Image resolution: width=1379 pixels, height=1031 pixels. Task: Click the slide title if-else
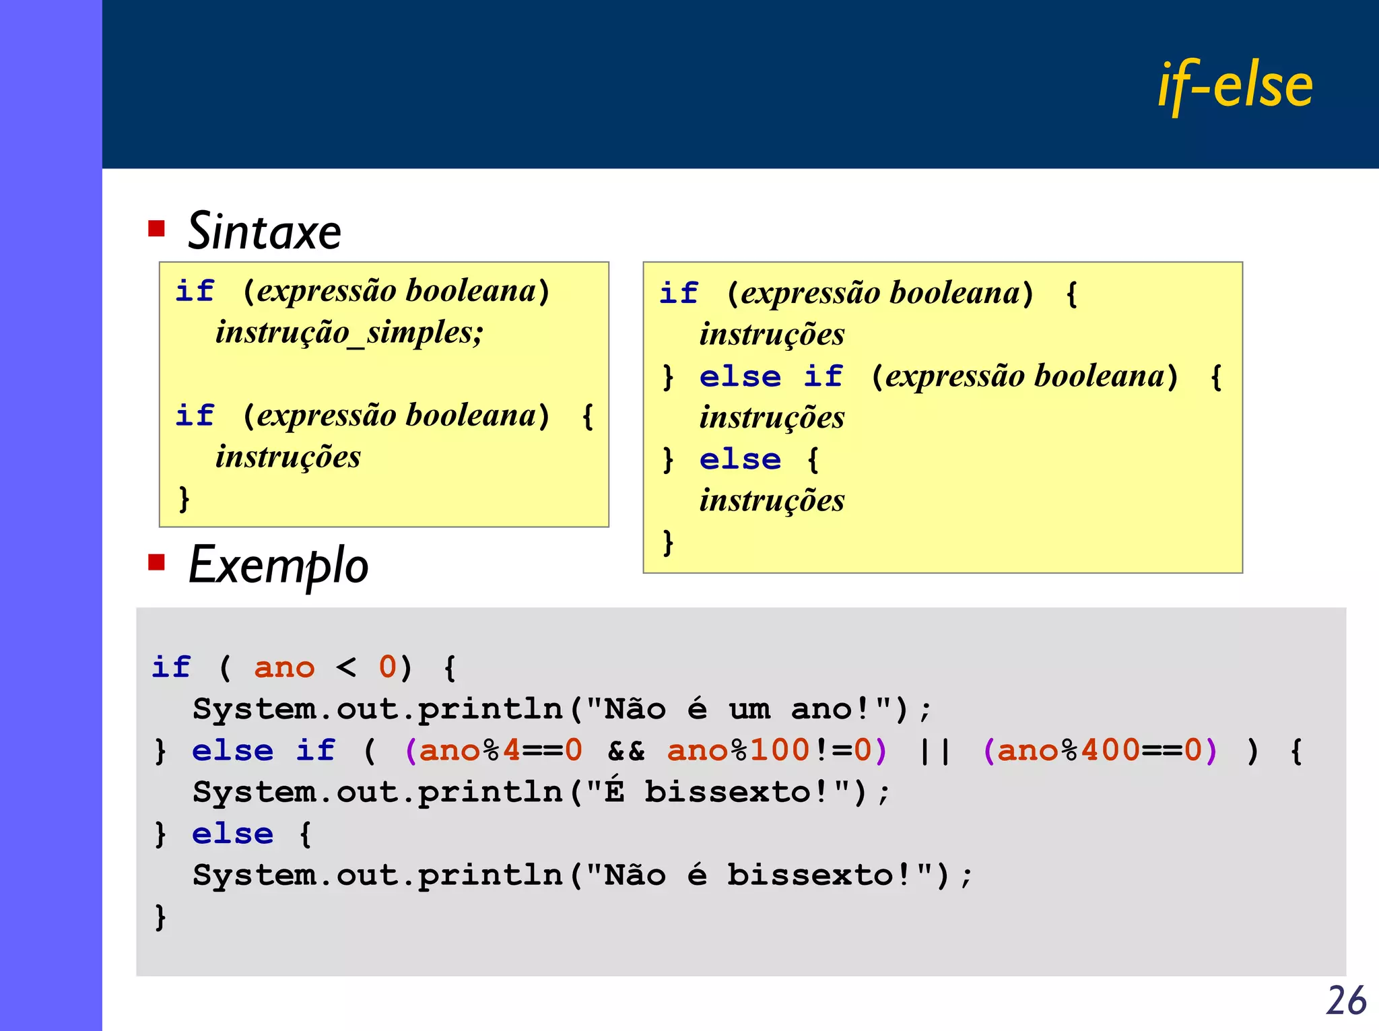(x=1235, y=86)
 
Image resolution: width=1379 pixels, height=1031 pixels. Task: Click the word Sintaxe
(x=265, y=231)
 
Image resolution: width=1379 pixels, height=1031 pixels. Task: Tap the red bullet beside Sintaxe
(x=156, y=228)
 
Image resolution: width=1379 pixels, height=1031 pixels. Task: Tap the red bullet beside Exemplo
(x=156, y=562)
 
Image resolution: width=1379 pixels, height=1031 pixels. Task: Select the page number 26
(x=1346, y=1000)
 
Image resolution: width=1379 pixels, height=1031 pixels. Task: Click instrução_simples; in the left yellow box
(x=349, y=332)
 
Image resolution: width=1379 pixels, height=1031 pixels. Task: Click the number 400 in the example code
(x=1110, y=750)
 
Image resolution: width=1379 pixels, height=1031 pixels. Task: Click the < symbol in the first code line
(x=346, y=667)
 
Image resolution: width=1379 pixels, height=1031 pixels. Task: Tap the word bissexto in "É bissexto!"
(x=728, y=793)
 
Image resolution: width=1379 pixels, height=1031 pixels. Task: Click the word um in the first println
(x=749, y=710)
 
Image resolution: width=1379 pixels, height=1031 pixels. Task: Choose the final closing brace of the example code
(x=160, y=917)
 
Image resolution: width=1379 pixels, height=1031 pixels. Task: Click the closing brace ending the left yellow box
(x=184, y=499)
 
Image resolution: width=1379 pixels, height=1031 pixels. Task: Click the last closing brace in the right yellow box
(x=667, y=543)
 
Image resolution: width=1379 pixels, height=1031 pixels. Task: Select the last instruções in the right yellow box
(x=772, y=501)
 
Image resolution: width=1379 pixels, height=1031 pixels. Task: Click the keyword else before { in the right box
(x=740, y=460)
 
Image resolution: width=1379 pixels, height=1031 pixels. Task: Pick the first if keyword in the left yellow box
(x=195, y=291)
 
